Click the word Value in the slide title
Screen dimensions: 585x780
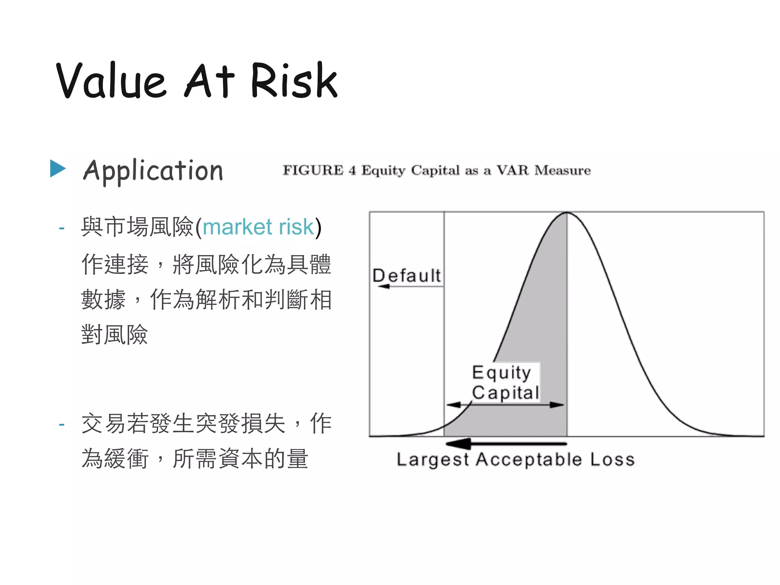(x=111, y=81)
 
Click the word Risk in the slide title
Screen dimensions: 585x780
(x=294, y=81)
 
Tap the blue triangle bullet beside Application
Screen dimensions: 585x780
(x=58, y=168)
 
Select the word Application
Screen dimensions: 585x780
(x=153, y=171)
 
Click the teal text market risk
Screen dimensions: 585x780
(x=258, y=227)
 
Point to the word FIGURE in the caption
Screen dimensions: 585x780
(x=313, y=170)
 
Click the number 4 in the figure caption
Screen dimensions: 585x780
(x=352, y=171)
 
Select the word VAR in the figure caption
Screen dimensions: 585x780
(x=513, y=170)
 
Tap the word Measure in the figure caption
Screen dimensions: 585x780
(x=563, y=170)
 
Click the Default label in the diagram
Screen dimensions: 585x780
(x=406, y=275)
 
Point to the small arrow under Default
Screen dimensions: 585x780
(x=385, y=286)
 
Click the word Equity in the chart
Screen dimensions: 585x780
(x=501, y=372)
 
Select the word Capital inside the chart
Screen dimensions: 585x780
(x=505, y=393)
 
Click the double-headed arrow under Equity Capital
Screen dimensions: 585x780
(x=505, y=405)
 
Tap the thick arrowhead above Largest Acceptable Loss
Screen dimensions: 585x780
(x=459, y=443)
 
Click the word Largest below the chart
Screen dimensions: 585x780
(x=433, y=460)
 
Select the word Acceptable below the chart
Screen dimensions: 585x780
(x=529, y=460)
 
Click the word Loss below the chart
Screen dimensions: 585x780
(x=612, y=460)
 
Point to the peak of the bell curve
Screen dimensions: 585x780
(x=567, y=213)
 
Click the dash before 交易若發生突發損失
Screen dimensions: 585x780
(x=62, y=424)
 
